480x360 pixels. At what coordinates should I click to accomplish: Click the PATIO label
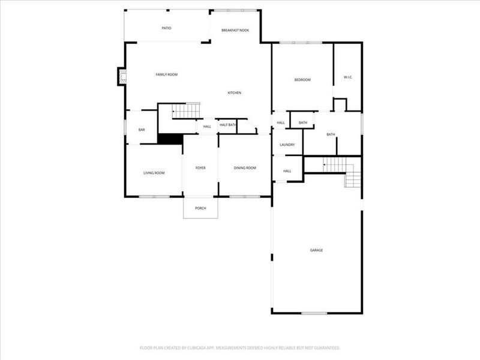tap(167, 28)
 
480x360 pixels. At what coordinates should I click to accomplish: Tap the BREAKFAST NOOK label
tap(235, 30)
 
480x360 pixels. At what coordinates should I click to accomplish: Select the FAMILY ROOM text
tap(167, 74)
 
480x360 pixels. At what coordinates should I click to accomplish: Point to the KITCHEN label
tap(234, 93)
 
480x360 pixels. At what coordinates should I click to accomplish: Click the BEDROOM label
tap(302, 80)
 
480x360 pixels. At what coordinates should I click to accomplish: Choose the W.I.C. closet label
tap(347, 77)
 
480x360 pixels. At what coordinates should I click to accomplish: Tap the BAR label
tap(142, 130)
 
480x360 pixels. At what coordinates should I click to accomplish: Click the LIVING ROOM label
tap(154, 173)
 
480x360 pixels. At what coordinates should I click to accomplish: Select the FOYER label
tap(200, 168)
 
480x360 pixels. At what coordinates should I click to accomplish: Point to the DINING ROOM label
tap(245, 168)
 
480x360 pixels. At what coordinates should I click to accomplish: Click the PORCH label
tap(200, 208)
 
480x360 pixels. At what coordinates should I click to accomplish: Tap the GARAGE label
tap(316, 250)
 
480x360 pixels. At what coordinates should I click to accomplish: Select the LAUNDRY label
tap(287, 145)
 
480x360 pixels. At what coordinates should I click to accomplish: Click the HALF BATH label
tap(227, 125)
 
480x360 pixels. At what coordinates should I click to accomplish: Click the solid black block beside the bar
tap(170, 139)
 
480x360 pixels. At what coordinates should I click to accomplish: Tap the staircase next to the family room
tap(185, 111)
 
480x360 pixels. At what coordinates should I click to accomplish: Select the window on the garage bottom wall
tap(314, 313)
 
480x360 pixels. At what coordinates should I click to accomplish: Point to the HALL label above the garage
tap(287, 171)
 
